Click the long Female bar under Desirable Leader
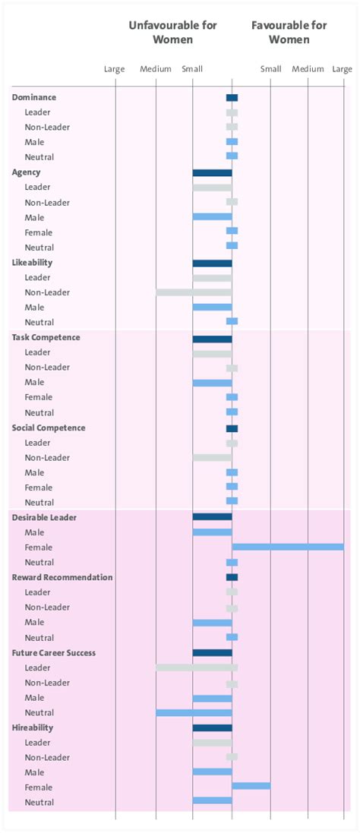click(288, 547)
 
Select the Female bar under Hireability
click(251, 786)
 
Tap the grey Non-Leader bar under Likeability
click(194, 292)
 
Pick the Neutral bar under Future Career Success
click(194, 712)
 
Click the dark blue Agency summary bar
click(212, 172)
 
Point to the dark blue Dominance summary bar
click(232, 97)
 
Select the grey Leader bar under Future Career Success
click(197, 667)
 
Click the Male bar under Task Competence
click(212, 383)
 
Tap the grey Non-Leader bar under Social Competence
click(212, 458)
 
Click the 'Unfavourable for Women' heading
click(172, 32)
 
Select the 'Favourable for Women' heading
click(289, 32)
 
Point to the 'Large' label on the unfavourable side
click(114, 69)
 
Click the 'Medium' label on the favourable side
click(308, 69)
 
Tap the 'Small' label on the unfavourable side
click(192, 69)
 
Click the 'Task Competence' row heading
click(46, 337)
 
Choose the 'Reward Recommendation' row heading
click(62, 577)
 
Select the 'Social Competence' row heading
click(49, 428)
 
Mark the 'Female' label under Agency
click(37, 232)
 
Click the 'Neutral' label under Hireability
click(39, 803)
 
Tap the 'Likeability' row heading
click(32, 263)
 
